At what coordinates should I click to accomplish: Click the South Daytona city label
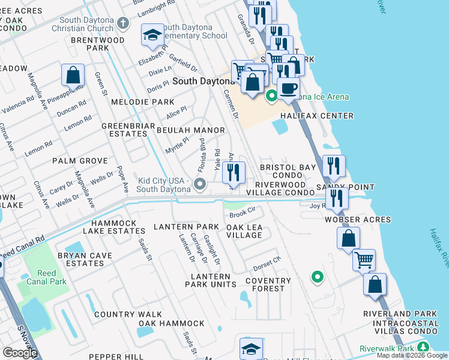point(203,81)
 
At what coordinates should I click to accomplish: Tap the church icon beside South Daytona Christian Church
point(123,23)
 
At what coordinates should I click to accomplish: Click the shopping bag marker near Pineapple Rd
point(73,76)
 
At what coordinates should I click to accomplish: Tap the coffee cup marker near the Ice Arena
point(288,88)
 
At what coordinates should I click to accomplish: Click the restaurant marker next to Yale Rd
point(234,173)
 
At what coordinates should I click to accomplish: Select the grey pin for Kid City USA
point(200,184)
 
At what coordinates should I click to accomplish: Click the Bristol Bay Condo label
point(288,172)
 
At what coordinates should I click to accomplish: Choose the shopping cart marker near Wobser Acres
point(363,260)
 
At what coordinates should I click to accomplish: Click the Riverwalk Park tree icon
point(423,347)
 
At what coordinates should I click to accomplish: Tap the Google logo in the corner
point(20,353)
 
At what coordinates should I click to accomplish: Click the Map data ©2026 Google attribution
point(412,355)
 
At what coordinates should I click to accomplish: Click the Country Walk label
point(128,314)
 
